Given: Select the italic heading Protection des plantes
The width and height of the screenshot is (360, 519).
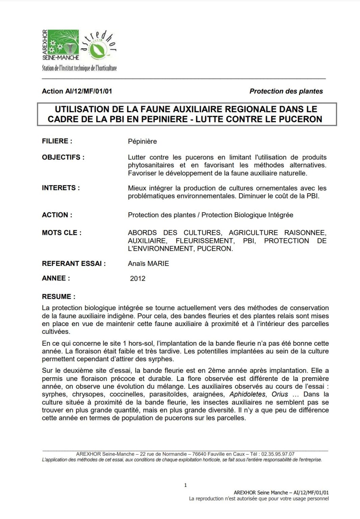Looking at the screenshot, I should point(286,91).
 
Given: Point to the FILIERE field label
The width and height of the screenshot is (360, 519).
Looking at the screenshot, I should point(57,141).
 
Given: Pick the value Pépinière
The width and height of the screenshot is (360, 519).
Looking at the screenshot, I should point(142,142).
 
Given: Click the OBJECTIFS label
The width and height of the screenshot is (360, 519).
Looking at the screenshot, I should point(63,157).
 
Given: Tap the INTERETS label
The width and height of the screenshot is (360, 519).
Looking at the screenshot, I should point(61,188).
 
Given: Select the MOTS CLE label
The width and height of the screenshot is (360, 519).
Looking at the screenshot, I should point(61,233).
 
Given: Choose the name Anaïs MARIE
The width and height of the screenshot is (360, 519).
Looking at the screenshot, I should point(148,264).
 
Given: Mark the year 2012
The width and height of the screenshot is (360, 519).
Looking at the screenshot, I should point(138,279).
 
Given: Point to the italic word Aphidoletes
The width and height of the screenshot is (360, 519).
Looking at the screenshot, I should point(247,394).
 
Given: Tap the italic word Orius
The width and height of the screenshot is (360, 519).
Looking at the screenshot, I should point(280,394).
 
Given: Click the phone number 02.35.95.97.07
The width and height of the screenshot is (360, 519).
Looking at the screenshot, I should point(278,454).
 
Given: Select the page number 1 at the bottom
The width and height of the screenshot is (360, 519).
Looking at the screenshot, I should point(185,485).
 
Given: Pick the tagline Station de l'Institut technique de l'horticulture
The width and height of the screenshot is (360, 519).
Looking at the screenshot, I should point(79,68).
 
